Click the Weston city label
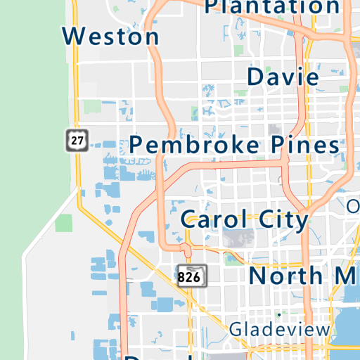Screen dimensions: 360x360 (110, 35)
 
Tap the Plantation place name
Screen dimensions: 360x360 (271, 7)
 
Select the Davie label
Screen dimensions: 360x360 (283, 76)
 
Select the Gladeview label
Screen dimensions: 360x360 (279, 329)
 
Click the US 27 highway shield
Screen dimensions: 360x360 (77, 139)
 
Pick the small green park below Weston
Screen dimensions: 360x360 (92, 107)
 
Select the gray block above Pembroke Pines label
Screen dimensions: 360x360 (274, 130)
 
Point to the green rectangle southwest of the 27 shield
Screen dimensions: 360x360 (64, 223)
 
